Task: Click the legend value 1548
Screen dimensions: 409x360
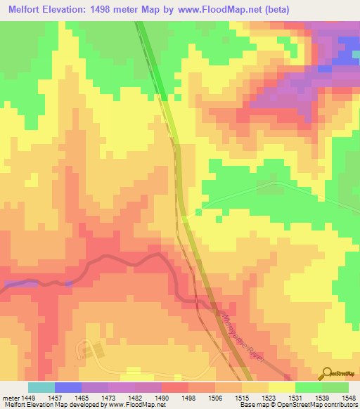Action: coord(348,398)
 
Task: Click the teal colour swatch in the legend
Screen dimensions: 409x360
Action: coord(41,387)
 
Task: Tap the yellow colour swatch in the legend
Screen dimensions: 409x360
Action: coord(281,387)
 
